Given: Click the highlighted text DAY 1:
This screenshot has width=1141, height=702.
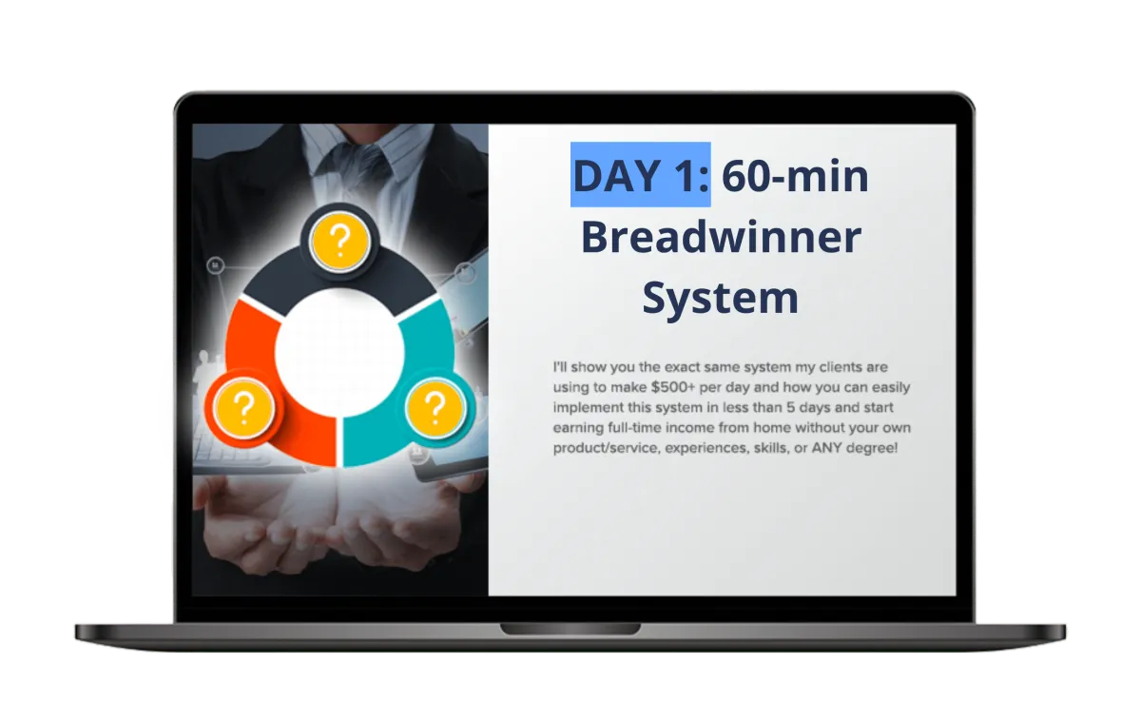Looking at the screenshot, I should [x=640, y=176].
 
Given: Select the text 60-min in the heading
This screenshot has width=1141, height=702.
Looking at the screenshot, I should [x=795, y=176].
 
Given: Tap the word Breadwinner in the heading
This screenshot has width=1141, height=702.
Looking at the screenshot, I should [x=721, y=238].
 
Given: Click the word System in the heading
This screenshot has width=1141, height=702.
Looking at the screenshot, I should [x=720, y=298].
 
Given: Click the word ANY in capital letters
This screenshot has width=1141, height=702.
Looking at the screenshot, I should [x=828, y=447].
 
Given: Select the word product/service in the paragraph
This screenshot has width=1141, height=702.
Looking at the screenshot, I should [x=601, y=447].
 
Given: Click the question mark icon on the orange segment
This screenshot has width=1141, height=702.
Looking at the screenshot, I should [x=243, y=409].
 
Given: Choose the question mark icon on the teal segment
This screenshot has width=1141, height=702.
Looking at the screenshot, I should [x=435, y=409].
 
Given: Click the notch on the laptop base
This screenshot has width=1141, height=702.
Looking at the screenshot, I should [x=544, y=629].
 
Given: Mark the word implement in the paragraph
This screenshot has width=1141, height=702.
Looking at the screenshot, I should [x=588, y=407].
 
